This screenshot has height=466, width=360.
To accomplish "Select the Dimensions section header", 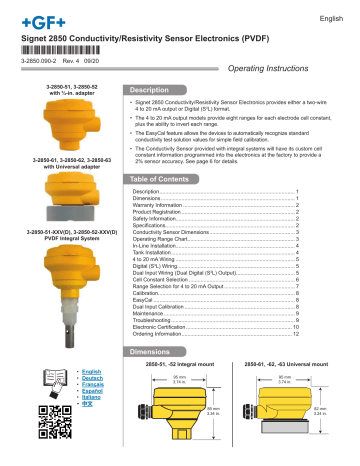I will [x=155, y=353].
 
